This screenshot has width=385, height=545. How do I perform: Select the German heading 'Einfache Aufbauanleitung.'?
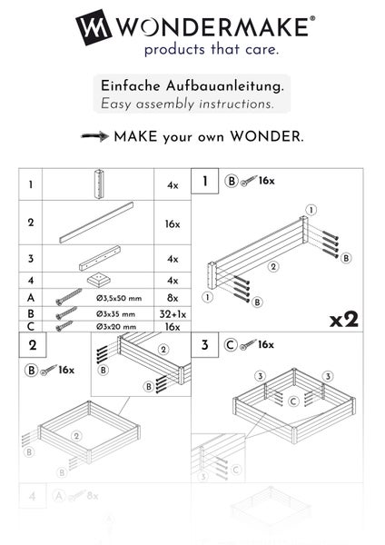192,85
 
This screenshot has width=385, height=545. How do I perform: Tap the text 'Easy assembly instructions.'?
187,104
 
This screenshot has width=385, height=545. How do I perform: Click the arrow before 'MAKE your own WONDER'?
94,137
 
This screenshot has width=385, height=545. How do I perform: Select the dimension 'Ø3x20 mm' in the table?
114,325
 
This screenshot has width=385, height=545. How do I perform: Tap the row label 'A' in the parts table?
31,296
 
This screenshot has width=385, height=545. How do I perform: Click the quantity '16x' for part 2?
173,223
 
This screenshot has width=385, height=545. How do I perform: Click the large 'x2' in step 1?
344,320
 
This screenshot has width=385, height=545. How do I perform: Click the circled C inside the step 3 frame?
292,401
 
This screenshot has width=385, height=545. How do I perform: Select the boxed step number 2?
33,345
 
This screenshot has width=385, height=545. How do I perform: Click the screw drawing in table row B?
64,312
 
